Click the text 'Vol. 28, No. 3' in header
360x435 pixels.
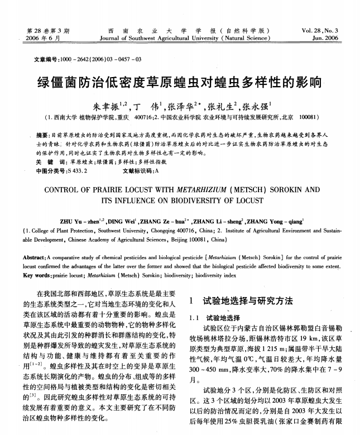320,30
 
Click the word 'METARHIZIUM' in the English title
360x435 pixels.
204,189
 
